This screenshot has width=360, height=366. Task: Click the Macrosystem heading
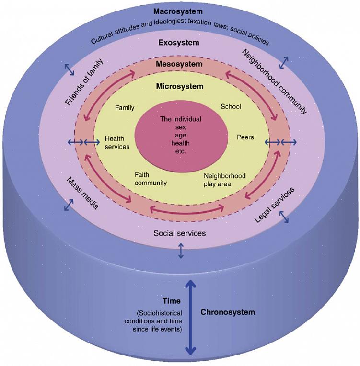point(178,11)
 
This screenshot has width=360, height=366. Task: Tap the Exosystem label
point(178,43)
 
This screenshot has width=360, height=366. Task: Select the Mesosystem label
point(179,64)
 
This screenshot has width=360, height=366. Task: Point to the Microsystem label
point(179,87)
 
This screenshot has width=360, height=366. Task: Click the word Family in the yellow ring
point(125,108)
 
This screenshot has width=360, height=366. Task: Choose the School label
point(231,107)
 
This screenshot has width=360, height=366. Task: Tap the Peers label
point(245,137)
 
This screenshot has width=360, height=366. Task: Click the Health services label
point(117,142)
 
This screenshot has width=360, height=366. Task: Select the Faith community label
point(151,179)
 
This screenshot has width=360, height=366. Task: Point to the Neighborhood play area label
point(224,180)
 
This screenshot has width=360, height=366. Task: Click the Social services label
point(179,233)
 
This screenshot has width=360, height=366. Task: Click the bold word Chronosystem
point(227,312)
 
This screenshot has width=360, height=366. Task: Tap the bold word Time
point(171,301)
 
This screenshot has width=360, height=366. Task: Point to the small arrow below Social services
point(181,251)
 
